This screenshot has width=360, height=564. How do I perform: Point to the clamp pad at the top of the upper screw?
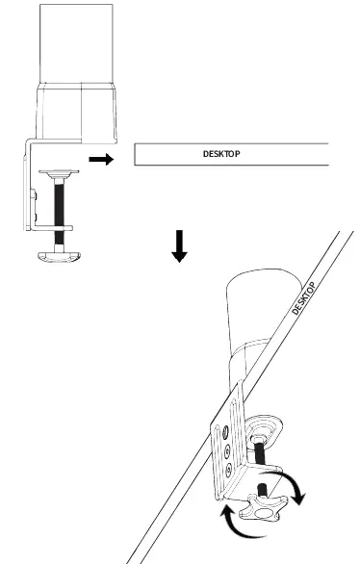pos(60,174)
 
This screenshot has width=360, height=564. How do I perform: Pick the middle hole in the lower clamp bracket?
pos(225,448)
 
